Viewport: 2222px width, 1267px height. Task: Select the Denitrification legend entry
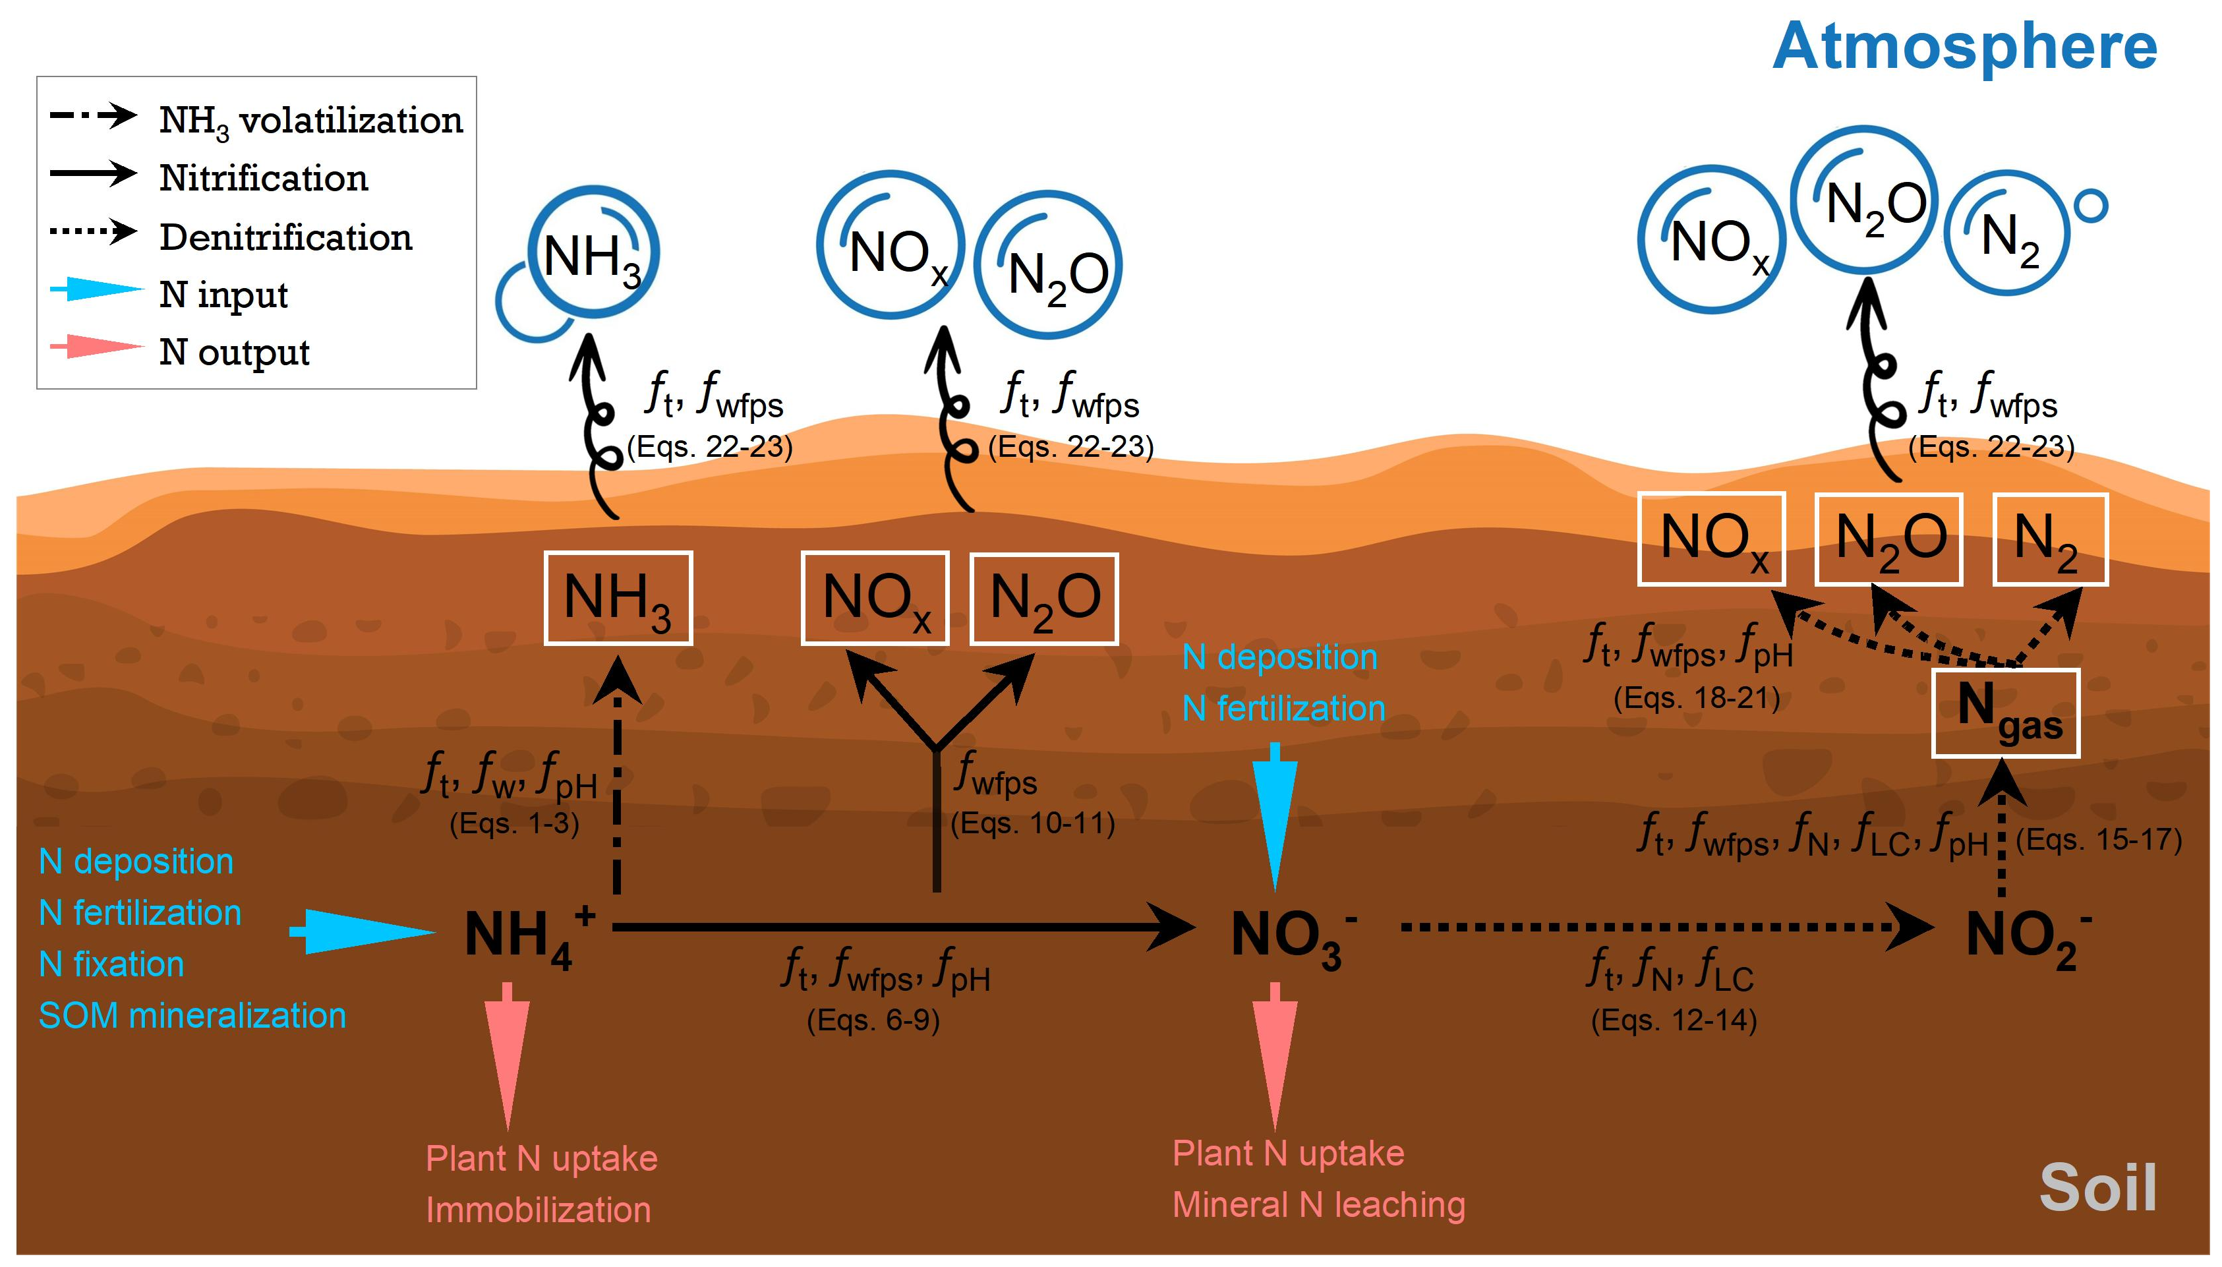click(x=285, y=237)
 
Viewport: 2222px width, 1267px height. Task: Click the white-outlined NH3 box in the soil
click(x=618, y=599)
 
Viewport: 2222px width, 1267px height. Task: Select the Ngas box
click(x=2005, y=713)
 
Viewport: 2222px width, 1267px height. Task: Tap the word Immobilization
click(x=538, y=1210)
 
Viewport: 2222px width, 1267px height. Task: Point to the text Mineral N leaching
click(x=1318, y=1204)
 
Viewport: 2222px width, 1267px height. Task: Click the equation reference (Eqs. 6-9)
click(x=873, y=1020)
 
